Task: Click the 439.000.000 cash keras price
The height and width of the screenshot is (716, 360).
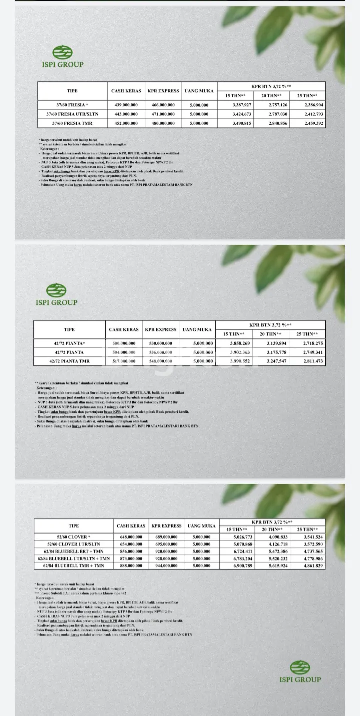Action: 126,105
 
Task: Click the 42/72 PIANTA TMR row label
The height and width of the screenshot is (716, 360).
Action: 69,361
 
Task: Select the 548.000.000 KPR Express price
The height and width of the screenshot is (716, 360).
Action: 160,361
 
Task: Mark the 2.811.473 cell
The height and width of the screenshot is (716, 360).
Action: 313,361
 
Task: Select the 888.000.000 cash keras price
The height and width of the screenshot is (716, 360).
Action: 131,565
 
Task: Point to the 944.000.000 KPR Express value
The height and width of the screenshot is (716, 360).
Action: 166,565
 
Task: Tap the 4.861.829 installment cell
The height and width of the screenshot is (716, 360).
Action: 311,565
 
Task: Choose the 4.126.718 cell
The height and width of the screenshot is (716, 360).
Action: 275,544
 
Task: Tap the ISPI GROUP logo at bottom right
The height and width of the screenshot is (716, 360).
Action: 300,671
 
